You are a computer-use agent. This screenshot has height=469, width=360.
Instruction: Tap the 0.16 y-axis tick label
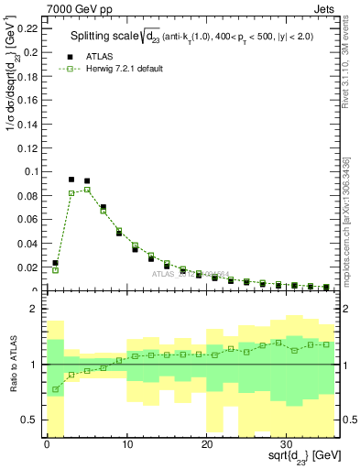(x=29, y=100)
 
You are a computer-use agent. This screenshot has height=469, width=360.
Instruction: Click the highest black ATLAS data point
(x=71, y=180)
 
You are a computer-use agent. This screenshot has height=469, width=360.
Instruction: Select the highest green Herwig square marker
(x=87, y=190)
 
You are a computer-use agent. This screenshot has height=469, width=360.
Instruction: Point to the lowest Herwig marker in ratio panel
(x=56, y=389)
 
